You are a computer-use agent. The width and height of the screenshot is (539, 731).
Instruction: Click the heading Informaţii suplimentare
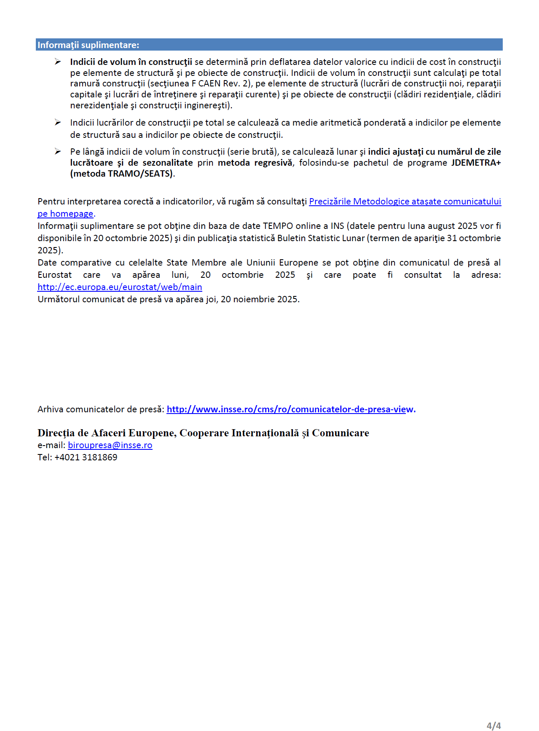coord(88,45)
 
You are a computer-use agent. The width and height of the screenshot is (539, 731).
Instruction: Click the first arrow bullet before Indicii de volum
coord(58,62)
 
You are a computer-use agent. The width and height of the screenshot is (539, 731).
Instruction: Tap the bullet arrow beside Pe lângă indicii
coord(58,152)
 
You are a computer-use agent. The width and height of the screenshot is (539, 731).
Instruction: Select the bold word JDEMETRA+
coord(476,163)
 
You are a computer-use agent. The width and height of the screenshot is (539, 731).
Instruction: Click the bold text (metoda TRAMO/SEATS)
coord(122,174)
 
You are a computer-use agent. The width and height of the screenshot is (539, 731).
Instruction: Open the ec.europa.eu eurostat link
coord(120,287)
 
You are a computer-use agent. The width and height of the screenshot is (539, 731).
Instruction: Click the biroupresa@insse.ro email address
coord(110,445)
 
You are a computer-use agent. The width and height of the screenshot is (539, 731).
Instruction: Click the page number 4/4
coord(493,726)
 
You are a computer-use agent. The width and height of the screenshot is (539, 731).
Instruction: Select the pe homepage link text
coord(65,214)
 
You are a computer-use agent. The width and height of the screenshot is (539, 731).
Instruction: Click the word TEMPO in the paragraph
coord(278,226)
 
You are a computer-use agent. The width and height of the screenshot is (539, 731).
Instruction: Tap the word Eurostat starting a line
coord(55,275)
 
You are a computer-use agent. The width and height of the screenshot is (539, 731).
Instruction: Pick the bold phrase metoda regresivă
coord(255,163)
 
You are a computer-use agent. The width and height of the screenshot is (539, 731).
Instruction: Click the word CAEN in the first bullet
coord(209,83)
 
